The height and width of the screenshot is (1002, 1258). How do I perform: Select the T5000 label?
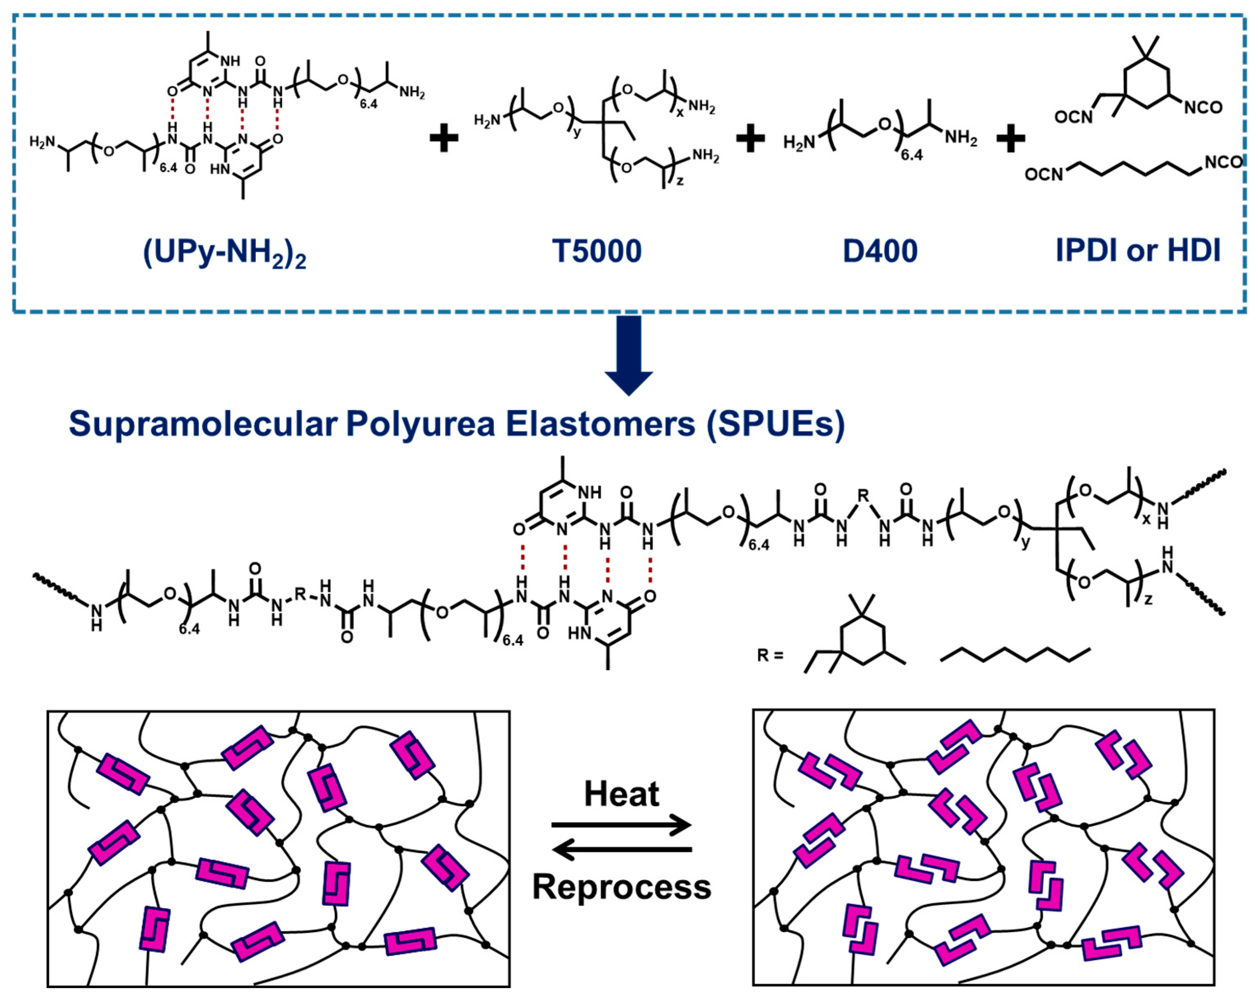click(x=596, y=251)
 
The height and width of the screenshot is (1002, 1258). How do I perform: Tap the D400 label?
click(x=880, y=251)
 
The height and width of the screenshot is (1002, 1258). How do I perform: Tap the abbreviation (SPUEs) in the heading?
click(x=776, y=424)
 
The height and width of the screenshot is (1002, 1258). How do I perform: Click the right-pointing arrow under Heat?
click(x=622, y=825)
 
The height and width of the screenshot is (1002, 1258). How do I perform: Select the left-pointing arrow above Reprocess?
click(x=622, y=849)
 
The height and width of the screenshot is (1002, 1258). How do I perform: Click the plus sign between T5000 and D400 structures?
click(x=750, y=139)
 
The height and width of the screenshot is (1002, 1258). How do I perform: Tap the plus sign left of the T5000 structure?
click(x=443, y=139)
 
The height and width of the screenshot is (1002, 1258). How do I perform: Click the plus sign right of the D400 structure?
click(x=1011, y=139)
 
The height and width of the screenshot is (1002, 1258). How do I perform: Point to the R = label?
click(x=770, y=655)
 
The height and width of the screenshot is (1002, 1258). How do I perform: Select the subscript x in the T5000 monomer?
click(x=680, y=112)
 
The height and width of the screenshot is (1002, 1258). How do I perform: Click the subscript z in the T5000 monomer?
click(x=680, y=181)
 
